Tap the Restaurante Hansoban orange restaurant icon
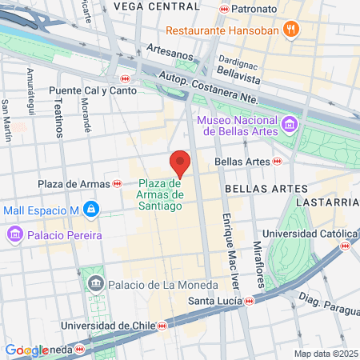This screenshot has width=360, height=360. [x=292, y=31]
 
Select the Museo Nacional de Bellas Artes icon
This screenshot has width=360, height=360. [x=289, y=125]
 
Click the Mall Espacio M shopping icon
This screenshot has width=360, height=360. [x=91, y=210]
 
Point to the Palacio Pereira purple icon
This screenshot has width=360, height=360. [x=14, y=235]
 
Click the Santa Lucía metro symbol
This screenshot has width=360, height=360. [x=250, y=301]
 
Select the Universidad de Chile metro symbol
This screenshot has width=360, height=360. [x=162, y=326]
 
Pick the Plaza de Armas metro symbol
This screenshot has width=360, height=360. [x=118, y=184]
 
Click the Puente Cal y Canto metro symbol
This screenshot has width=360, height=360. [x=125, y=78]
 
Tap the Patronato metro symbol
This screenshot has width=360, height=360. [x=224, y=9]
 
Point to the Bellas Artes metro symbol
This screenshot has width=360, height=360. [x=277, y=161]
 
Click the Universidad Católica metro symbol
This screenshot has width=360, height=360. [x=346, y=246]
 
